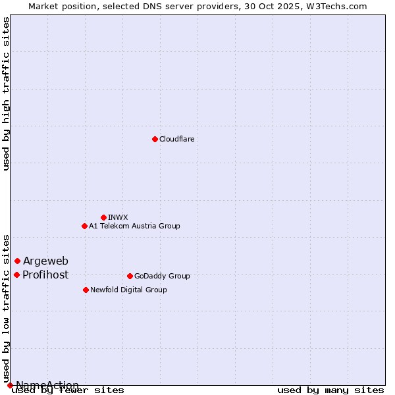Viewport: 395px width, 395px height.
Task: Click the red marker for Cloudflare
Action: (155, 139)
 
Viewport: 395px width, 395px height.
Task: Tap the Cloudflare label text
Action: (176, 140)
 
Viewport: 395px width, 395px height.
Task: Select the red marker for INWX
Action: (103, 217)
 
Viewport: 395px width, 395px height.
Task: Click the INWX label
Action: (118, 218)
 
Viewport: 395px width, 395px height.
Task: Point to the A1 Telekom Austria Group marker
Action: (84, 226)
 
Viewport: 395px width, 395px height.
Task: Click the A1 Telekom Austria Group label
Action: (134, 226)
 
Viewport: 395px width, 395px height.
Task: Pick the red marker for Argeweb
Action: (17, 261)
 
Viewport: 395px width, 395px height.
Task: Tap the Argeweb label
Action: (45, 261)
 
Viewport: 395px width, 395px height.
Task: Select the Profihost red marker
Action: (16, 275)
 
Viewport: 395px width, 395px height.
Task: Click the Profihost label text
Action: (45, 275)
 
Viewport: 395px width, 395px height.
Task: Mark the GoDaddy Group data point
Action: (130, 276)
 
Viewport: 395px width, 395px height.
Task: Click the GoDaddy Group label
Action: (162, 276)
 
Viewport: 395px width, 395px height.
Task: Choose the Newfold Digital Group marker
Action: (86, 290)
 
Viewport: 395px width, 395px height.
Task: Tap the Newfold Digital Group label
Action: (128, 290)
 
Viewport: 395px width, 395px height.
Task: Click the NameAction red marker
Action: (10, 385)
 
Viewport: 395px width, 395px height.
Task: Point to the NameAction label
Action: (47, 385)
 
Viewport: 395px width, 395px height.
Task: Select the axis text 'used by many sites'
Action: (330, 390)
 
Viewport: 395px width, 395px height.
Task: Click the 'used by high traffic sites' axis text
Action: (7, 93)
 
